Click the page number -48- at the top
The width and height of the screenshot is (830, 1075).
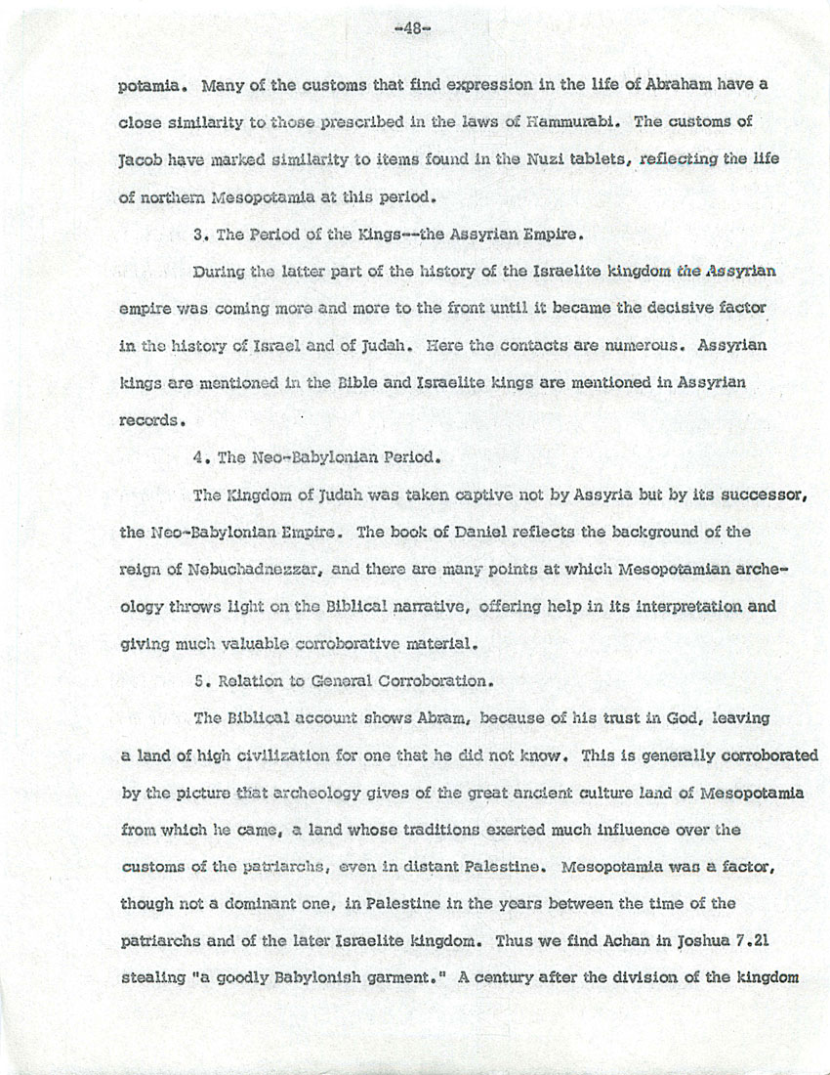click(x=414, y=29)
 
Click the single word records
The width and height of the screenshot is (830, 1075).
click(x=149, y=420)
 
